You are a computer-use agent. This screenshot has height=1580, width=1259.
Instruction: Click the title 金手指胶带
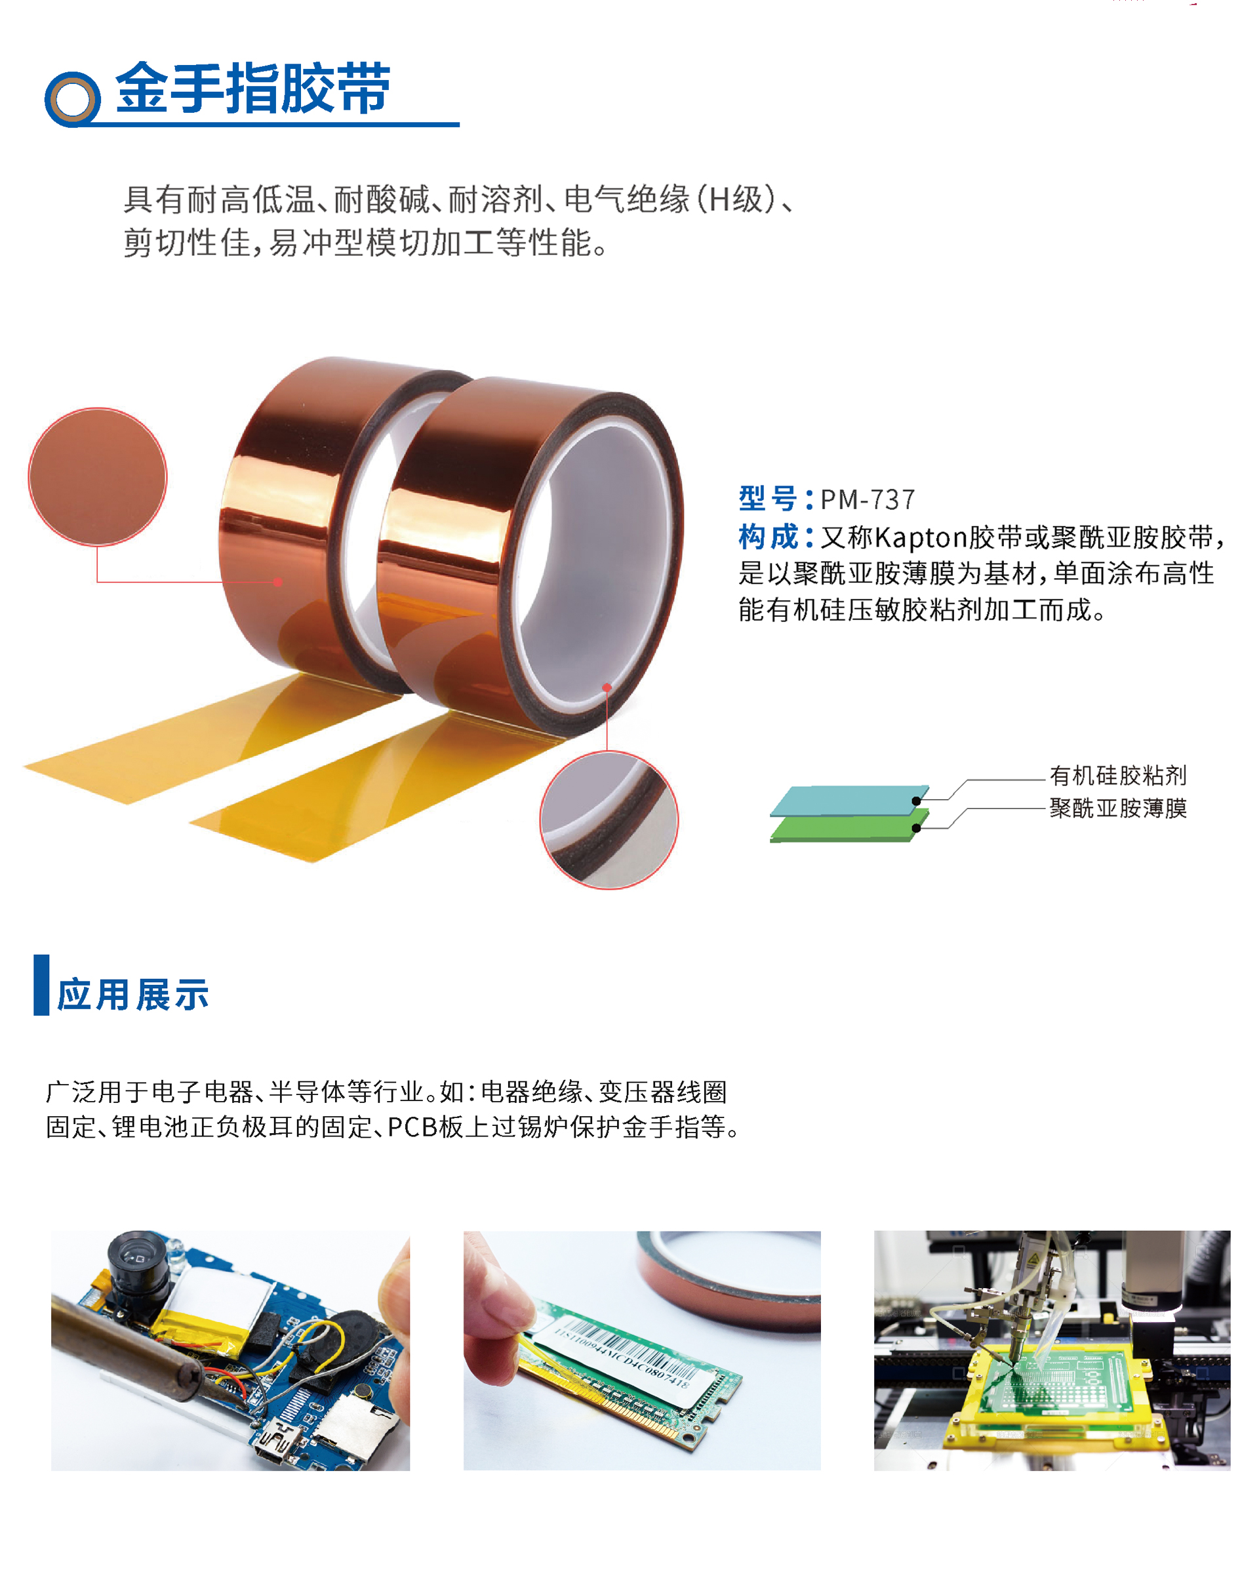pyautogui.click(x=252, y=89)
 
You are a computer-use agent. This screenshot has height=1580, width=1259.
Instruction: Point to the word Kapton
pyautogui.click(x=921, y=538)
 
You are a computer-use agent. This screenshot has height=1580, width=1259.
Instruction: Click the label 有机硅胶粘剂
pyautogui.click(x=1117, y=776)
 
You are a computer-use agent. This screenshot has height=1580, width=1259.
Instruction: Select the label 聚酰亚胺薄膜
pyautogui.click(x=1117, y=808)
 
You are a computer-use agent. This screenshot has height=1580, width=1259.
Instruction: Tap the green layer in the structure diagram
pyautogui.click(x=842, y=829)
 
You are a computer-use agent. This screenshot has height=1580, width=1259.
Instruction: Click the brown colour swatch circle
pyautogui.click(x=98, y=476)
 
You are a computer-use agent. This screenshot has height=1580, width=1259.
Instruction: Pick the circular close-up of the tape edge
pyautogui.click(x=609, y=820)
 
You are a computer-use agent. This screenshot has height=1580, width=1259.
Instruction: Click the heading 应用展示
pyautogui.click(x=133, y=995)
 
